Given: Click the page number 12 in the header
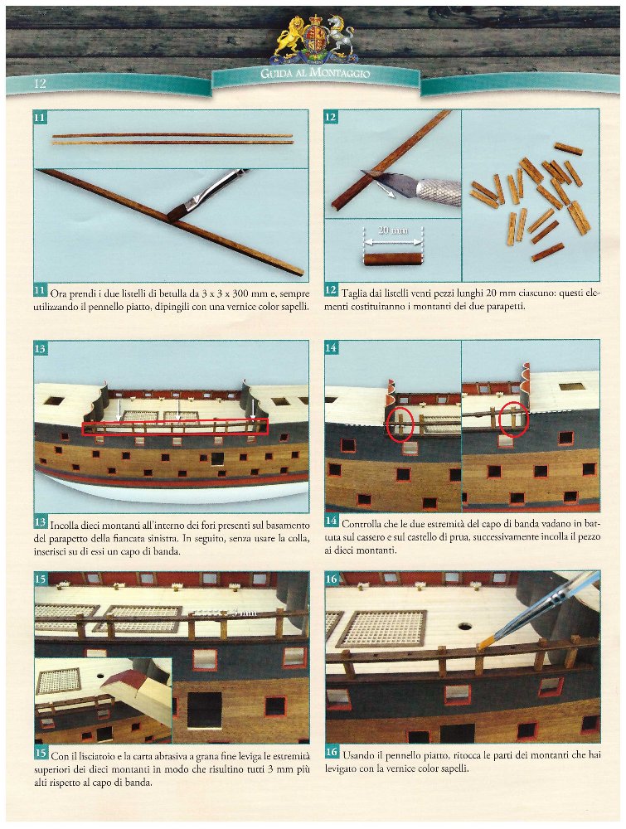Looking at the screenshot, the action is (40, 84).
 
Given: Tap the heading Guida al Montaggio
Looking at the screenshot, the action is (315, 73).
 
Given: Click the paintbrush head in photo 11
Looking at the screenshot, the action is (179, 212).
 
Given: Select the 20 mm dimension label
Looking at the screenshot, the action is (393, 230).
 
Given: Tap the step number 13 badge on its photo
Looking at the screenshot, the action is (40, 348).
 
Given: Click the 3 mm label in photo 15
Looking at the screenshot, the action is (245, 613).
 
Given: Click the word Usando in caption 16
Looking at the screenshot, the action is (358, 755).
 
